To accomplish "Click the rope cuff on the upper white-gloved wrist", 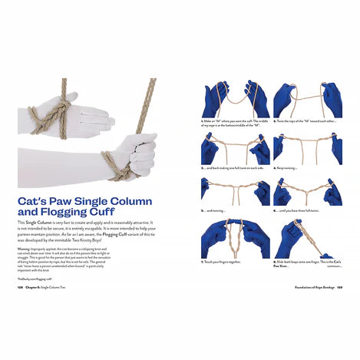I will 48,114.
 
